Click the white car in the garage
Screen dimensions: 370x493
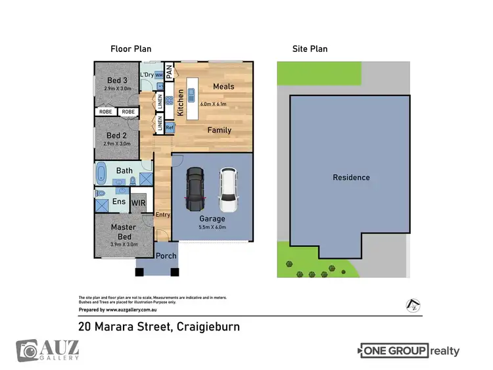[x=227, y=186]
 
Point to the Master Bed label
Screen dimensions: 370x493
[x=123, y=232]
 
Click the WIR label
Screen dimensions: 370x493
[x=138, y=203]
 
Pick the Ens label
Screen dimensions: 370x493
[x=119, y=202]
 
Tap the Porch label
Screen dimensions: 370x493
[x=166, y=255]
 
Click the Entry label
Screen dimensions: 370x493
[x=162, y=215]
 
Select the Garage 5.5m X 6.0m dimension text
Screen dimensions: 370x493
[x=212, y=227]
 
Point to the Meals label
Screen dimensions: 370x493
[x=223, y=86]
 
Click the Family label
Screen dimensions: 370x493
[x=219, y=130]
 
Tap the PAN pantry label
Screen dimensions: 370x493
[x=168, y=72]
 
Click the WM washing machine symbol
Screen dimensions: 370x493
[x=158, y=76]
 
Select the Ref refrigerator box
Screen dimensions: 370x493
[x=169, y=127]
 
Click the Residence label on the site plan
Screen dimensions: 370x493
[x=350, y=177]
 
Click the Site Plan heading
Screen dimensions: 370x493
[x=310, y=49]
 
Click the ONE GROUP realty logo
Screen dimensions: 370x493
[x=409, y=351]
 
